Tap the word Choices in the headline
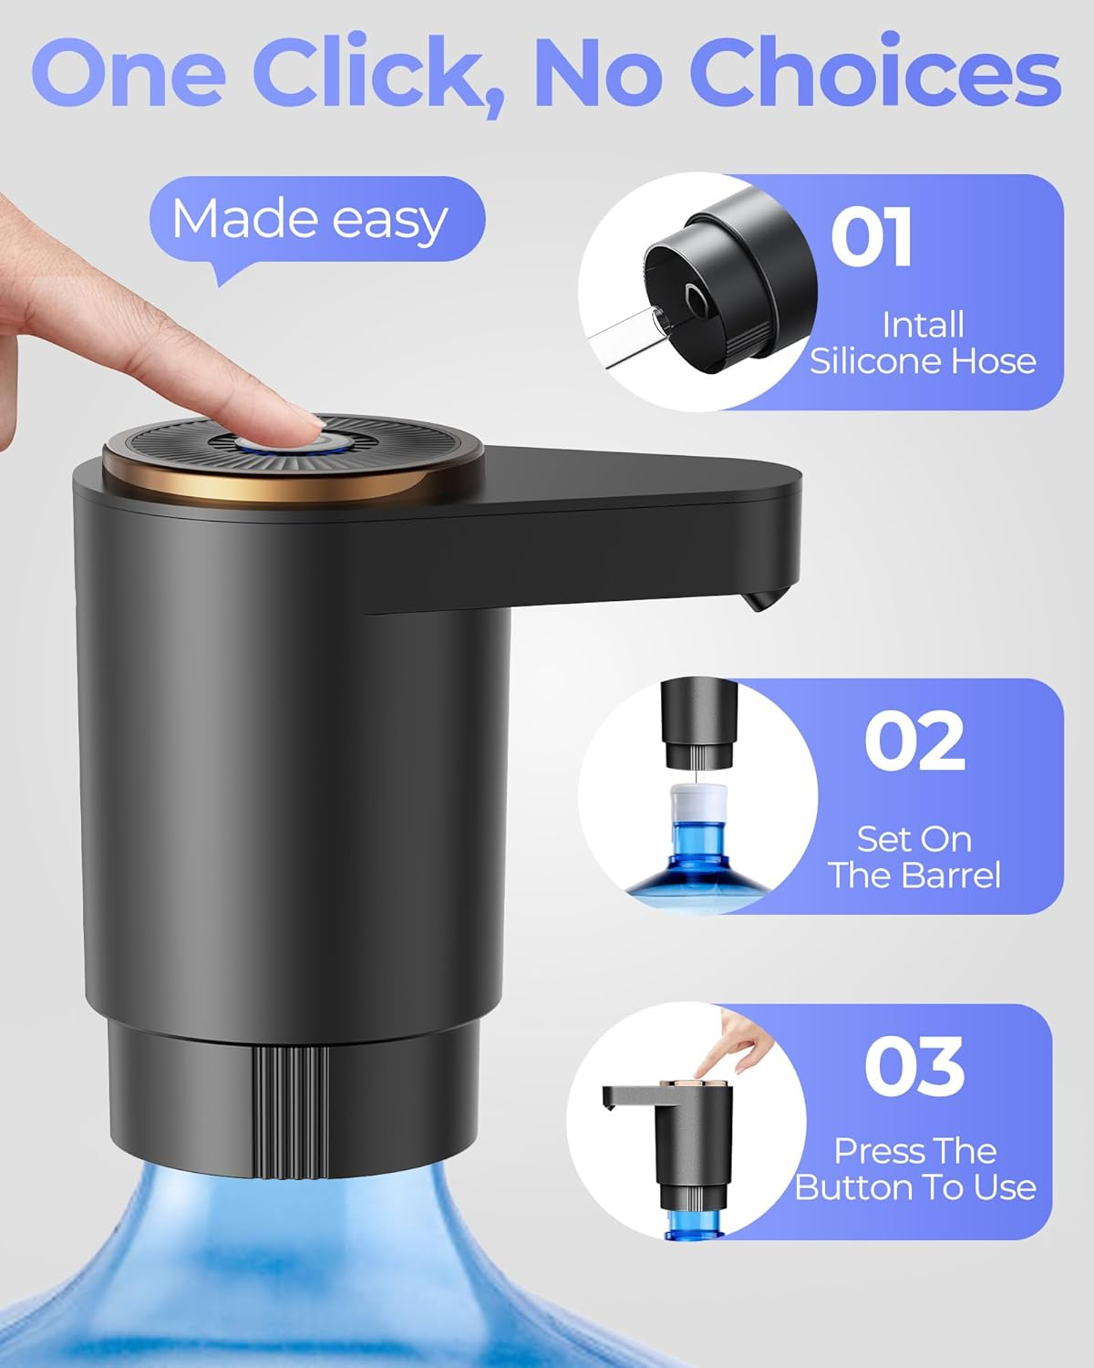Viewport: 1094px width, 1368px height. (x=875, y=73)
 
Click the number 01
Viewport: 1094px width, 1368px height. (x=871, y=238)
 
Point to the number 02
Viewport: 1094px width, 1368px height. (x=914, y=741)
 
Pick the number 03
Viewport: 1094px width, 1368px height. (x=914, y=1067)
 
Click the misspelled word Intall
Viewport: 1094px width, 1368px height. (x=923, y=325)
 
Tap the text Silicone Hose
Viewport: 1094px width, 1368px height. (x=923, y=361)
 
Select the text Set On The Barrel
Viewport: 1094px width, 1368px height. (x=914, y=857)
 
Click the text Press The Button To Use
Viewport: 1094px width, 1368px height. (x=914, y=1169)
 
